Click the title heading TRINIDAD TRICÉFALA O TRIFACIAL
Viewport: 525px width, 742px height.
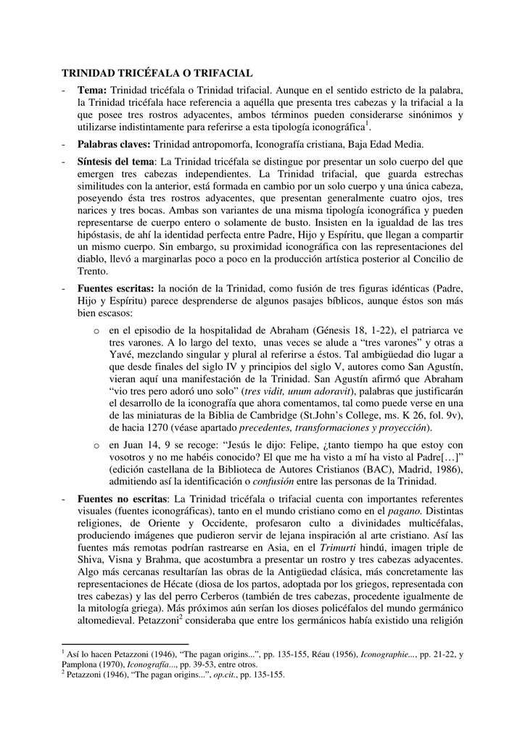point(156,74)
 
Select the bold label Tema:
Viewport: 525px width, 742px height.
point(92,90)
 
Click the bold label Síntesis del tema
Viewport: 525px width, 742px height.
point(116,160)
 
